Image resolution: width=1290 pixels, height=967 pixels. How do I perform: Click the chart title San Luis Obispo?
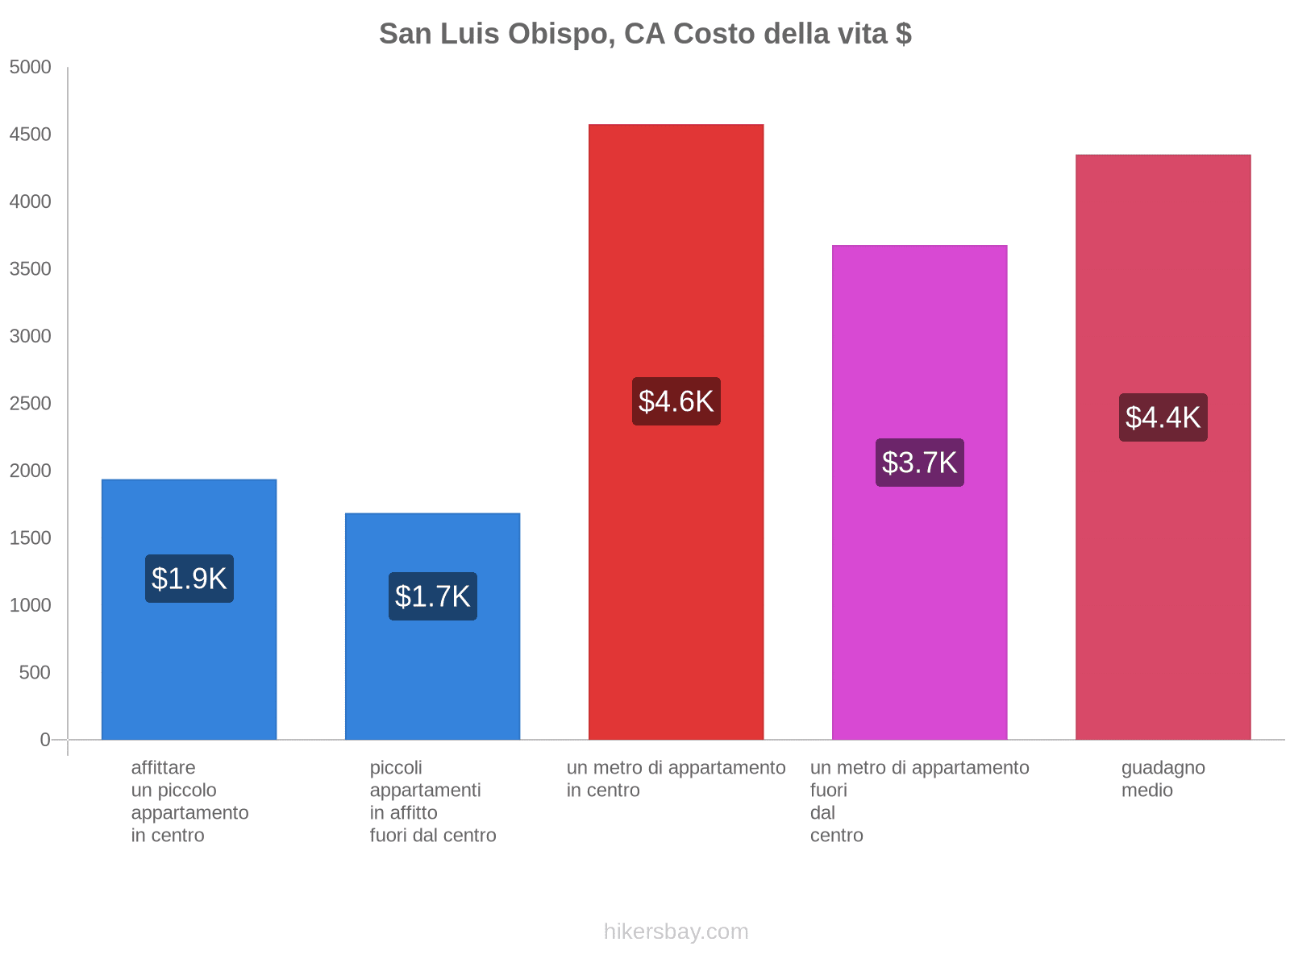tap(645, 34)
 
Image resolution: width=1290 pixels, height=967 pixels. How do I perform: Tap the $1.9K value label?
tap(189, 579)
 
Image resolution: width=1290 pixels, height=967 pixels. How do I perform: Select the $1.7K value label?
tap(433, 596)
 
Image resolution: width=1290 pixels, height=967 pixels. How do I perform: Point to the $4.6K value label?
tap(676, 401)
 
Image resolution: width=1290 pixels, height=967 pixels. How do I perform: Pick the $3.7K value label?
tap(920, 463)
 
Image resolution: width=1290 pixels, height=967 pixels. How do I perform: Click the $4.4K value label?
tap(1163, 417)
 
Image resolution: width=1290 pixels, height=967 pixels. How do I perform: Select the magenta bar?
tap(920, 564)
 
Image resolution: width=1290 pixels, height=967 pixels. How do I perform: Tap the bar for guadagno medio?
tap(1163, 564)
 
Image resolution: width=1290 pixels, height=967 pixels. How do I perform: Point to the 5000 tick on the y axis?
tap(31, 68)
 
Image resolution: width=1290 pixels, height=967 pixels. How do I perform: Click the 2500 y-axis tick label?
tap(31, 404)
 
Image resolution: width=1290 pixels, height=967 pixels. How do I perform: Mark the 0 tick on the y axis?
tap(45, 740)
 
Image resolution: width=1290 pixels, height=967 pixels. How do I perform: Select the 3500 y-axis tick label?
tap(31, 269)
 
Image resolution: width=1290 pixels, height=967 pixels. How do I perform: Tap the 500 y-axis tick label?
tap(35, 673)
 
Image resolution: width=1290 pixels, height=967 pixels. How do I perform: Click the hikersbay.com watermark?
tap(676, 932)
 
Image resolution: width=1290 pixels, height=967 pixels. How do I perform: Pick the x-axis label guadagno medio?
tap(1163, 778)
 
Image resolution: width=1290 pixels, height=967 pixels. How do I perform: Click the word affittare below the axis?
tap(163, 767)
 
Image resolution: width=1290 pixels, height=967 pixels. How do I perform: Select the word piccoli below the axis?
tap(396, 767)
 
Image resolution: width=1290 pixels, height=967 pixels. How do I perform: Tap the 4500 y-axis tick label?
tap(31, 135)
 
